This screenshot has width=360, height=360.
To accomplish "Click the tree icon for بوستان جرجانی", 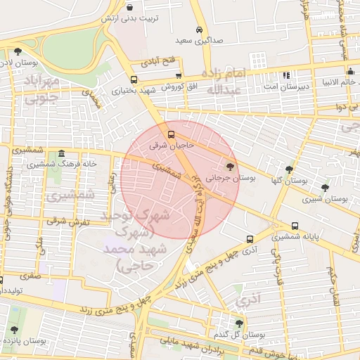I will click(231, 166).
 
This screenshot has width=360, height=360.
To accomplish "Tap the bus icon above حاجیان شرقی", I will click(171, 134).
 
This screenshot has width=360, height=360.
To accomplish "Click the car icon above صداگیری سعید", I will click(200, 30).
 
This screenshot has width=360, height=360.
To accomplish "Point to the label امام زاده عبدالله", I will click(226, 81).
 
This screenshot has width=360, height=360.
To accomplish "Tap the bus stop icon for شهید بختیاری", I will click(134, 79).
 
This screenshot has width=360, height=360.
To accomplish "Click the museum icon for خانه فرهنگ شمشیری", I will click(62, 154).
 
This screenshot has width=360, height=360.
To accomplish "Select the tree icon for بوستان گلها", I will click(289, 169).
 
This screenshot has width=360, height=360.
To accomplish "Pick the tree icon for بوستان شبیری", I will click(324, 188).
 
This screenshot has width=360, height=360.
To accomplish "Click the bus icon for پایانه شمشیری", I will click(295, 226).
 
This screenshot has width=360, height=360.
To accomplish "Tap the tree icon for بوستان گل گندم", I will click(240, 323).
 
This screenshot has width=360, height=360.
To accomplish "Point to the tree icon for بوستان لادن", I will click(17, 51).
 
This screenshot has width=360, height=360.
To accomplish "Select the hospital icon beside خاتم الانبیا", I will click(349, 71).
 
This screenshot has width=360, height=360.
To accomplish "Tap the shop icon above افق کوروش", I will click(179, 76).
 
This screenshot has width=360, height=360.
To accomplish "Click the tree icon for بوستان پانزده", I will click(14, 329).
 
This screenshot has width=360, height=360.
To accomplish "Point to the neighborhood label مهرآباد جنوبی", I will click(42, 90).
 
